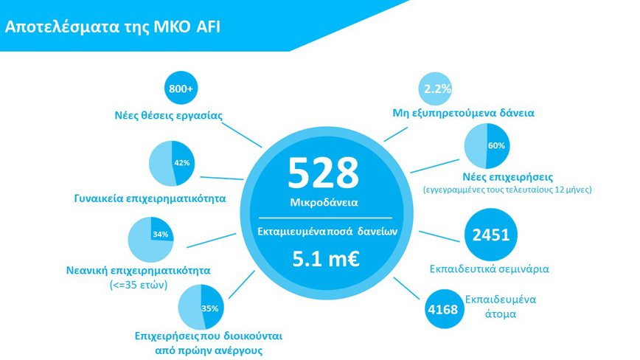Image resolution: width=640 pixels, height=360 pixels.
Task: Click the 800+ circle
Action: coord(181,88)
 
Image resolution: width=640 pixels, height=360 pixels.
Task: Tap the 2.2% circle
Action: coord(435,89)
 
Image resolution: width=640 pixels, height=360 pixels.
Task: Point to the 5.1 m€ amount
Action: coord(326,259)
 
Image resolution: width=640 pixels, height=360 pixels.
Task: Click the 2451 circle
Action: coord(490,235)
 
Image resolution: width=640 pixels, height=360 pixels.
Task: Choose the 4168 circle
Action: coord(444,309)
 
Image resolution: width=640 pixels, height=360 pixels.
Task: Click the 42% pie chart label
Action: coord(181,163)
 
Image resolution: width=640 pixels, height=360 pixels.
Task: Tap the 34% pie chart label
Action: coord(161,235)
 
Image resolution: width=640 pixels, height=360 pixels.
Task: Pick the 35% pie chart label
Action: coord(210,308)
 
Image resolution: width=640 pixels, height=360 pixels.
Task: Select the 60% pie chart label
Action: coord(496,146)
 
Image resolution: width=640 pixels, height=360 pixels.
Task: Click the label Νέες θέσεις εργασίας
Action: coord(169,116)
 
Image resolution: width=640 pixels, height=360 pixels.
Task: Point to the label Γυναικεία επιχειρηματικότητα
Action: coord(150,198)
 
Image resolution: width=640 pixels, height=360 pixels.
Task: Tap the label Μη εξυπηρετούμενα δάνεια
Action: coord(463,113)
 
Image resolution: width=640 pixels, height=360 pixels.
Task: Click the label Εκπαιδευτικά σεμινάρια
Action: coord(490,269)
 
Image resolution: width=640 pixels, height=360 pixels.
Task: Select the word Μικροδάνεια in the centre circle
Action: coord(324,202)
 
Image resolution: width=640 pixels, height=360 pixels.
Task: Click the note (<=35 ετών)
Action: coord(139,285)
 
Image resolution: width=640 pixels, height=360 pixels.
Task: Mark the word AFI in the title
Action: coord(208,27)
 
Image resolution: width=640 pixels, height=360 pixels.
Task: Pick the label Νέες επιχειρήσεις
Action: coord(508,177)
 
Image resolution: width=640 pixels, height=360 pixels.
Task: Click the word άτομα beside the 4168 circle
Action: coord(501,314)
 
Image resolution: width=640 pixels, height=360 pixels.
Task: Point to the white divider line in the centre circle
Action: coord(325,218)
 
